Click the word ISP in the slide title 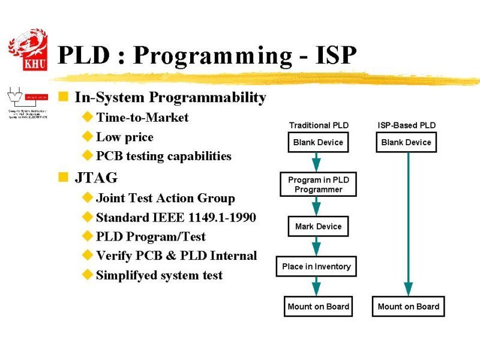pos(334,56)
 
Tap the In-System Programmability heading pos(170,97)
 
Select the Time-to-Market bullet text pos(142,118)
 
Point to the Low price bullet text pos(125,137)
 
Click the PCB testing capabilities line pos(163,156)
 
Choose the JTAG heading pos(96,178)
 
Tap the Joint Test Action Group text pos(165,198)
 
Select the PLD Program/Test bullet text pos(151,236)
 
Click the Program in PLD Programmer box pos(318,184)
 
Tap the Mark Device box pos(318,226)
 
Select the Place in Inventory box pos(316,266)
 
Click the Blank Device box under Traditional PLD pos(318,142)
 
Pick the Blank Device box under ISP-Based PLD pos(406,142)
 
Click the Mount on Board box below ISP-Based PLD pos(408,307)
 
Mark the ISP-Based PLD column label pos(406,125)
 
